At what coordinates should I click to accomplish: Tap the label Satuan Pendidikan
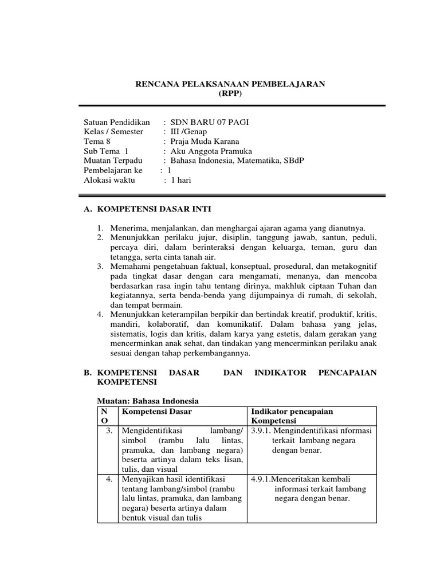pyautogui.click(x=117, y=122)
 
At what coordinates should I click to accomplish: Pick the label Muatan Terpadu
pyautogui.click(x=113, y=161)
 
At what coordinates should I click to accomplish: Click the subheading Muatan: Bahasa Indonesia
pyautogui.click(x=146, y=401)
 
